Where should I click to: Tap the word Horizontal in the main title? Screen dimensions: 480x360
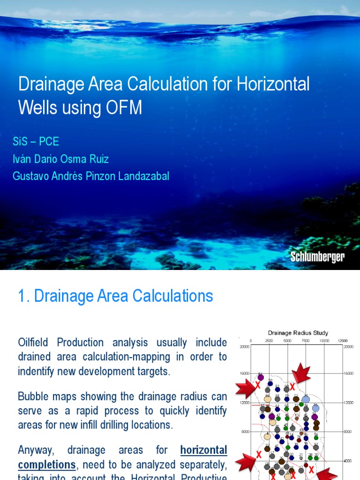pyautogui.click(x=273, y=84)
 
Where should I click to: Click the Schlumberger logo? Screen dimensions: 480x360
pyautogui.click(x=317, y=257)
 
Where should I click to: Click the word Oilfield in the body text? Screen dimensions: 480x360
pyautogui.click(x=35, y=343)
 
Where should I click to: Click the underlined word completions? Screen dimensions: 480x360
pyautogui.click(x=47, y=465)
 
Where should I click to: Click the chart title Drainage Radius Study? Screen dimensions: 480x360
pyautogui.click(x=298, y=333)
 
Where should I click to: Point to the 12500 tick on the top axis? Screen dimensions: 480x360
pyautogui.click(x=343, y=341)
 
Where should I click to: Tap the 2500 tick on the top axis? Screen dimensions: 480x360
pyautogui.click(x=269, y=341)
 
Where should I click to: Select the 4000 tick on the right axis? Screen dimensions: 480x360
pyautogui.click(x=347, y=461)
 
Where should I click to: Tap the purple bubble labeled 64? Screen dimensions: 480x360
pyautogui.click(x=261, y=377)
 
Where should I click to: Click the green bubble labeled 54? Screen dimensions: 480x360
pyautogui.click(x=316, y=438)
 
